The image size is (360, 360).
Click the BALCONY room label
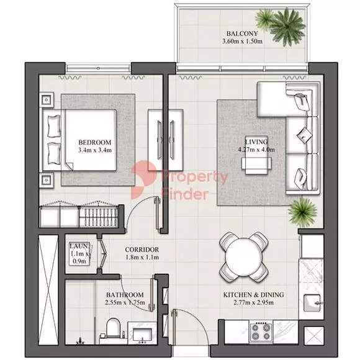tap(242, 34)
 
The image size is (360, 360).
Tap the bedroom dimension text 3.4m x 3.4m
tap(95, 150)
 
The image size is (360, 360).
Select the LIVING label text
tap(256, 142)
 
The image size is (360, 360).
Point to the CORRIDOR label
tap(142, 250)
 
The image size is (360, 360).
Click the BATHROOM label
tap(125, 295)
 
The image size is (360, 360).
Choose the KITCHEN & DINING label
tap(253, 295)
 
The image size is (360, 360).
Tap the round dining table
tap(243, 257)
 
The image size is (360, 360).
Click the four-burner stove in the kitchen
tap(261, 332)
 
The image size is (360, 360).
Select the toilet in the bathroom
tap(113, 327)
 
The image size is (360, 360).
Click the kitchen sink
tap(312, 303)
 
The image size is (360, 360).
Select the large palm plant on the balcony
tap(287, 27)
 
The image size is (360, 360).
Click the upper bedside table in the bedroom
tap(47, 100)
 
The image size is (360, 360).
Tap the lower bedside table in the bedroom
tap(47, 180)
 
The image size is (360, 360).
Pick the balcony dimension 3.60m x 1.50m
tap(242, 42)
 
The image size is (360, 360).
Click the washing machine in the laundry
tap(79, 253)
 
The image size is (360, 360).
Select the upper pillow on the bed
tap(54, 126)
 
